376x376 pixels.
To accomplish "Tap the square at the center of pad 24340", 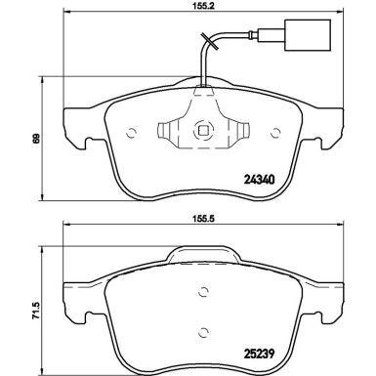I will pyautogui.click(x=202, y=127).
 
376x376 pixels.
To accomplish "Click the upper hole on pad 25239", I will pyautogui.click(x=202, y=291).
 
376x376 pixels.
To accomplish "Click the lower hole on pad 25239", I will pyautogui.click(x=202, y=329).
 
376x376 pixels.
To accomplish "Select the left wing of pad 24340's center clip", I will pyautogui.click(x=172, y=128).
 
